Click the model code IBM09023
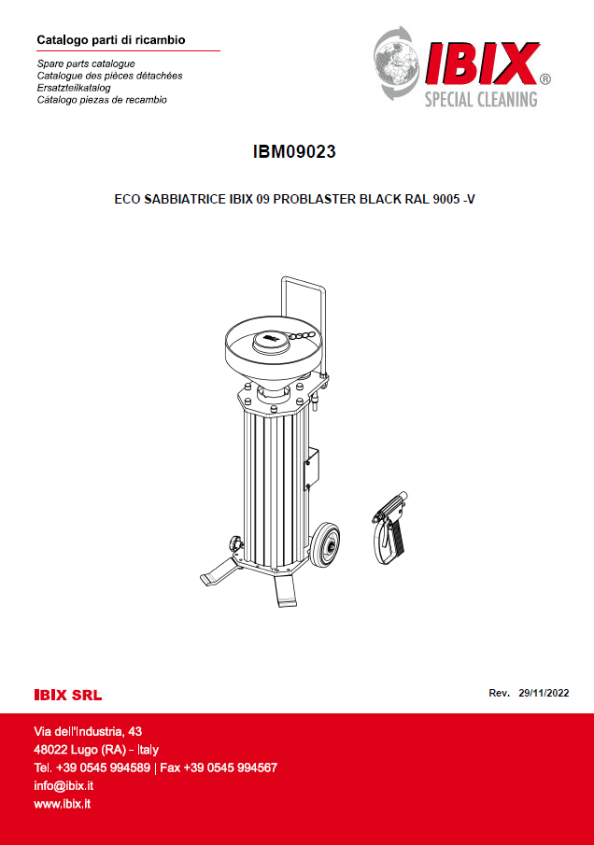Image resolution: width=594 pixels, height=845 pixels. point(294,152)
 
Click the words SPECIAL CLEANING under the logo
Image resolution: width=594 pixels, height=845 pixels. point(481,99)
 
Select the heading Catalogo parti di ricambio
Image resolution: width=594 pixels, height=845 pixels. point(111,40)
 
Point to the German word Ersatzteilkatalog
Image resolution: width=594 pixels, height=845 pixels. point(74,88)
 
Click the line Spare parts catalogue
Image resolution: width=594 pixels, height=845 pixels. point(86,63)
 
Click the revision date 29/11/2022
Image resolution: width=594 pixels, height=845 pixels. point(544,693)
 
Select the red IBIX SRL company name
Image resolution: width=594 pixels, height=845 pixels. point(68,696)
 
